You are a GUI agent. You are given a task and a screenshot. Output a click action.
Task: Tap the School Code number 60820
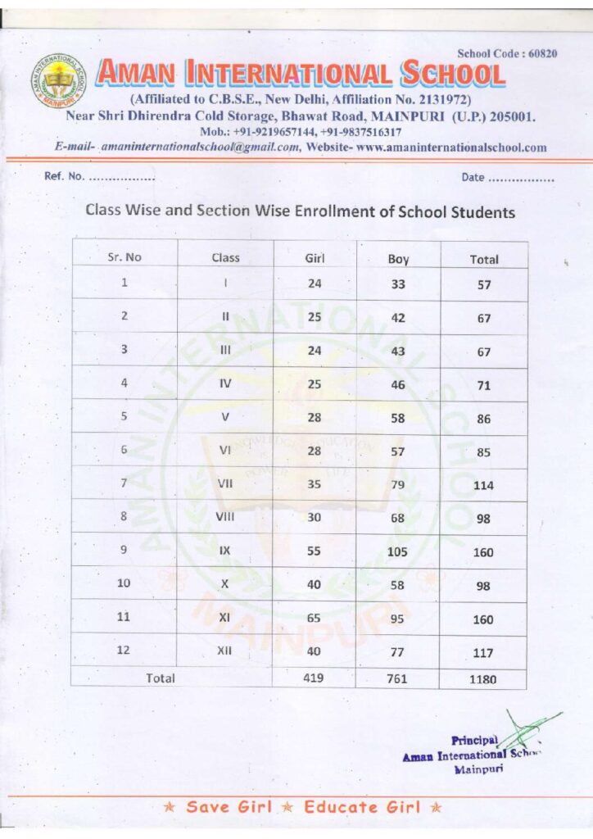pos(541,53)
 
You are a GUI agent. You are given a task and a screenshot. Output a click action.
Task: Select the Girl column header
pos(315,257)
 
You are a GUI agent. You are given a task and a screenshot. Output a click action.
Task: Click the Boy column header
pos(398,259)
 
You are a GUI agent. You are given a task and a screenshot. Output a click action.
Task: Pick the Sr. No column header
pos(124,257)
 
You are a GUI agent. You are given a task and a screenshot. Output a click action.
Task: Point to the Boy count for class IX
pos(397,551)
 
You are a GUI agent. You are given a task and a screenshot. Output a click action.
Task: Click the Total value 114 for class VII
pos(483,485)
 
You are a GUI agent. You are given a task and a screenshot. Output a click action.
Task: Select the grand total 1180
pos(482,679)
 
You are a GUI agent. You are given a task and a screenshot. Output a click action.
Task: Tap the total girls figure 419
pos(313,678)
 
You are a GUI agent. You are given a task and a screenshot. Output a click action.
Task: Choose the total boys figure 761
pos(397,678)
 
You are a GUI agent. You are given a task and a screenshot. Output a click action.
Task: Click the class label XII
pos(225,651)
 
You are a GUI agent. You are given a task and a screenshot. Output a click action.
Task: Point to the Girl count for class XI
pos(314,618)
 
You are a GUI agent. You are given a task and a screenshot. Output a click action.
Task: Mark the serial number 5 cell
pos(124,416)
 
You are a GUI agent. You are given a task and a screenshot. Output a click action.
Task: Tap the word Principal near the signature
pos(474,741)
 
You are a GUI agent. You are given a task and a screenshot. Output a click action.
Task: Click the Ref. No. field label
pos(64,178)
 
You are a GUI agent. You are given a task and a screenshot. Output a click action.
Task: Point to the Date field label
pos(473,178)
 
